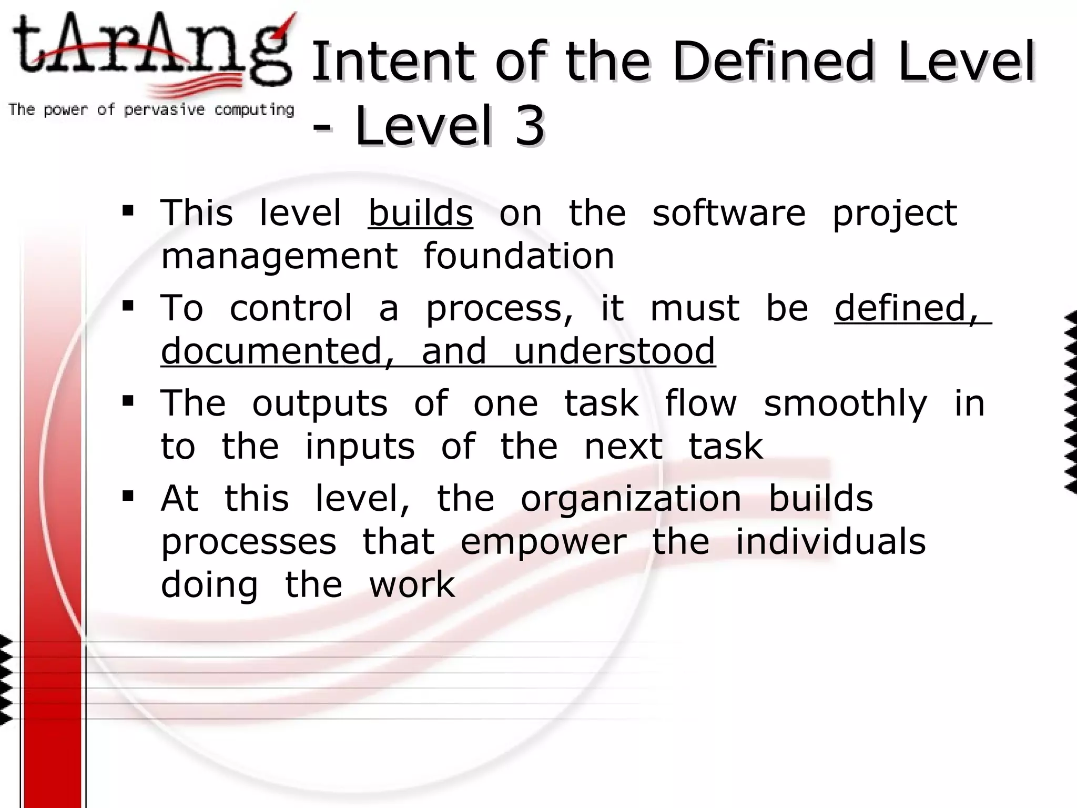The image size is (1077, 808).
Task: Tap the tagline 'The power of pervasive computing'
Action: pos(151,110)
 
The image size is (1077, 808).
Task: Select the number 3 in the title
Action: pos(529,126)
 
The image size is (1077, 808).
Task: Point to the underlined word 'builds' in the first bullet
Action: pos(420,213)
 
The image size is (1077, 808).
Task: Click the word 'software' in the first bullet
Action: pos(729,213)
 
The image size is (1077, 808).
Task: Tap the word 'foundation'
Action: pos(519,256)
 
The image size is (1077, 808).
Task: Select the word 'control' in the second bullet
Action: pos(291,308)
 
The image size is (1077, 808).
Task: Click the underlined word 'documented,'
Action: pos(278,351)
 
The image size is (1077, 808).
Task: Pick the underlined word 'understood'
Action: pos(614,351)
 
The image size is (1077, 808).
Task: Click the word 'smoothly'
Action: pos(845,404)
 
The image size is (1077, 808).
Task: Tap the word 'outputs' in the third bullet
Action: pos(320,404)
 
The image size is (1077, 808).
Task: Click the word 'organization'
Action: pos(631,499)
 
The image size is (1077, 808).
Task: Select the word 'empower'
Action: pos(543,542)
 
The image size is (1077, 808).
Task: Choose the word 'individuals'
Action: pos(830,542)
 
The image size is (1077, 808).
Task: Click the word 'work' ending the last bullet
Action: pos(412,585)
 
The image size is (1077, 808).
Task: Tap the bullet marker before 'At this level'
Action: pos(128,496)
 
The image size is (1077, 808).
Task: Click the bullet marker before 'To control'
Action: pos(128,305)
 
